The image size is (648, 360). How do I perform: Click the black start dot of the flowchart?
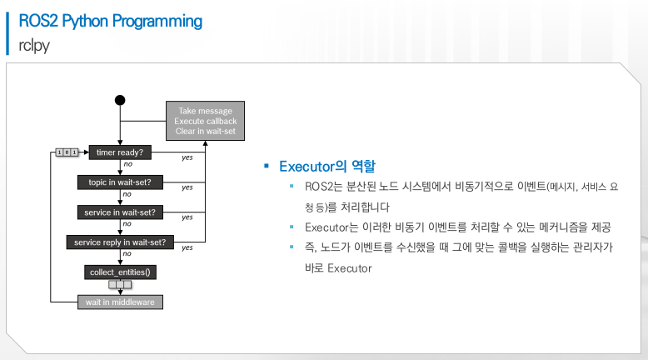tap(120, 100)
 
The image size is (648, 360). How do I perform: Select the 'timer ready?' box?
tap(120, 152)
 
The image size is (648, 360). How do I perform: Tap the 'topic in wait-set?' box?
tap(120, 182)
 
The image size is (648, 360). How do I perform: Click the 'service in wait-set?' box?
tap(120, 212)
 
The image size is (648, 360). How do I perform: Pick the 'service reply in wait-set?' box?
tap(120, 242)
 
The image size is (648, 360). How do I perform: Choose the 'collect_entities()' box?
tap(120, 272)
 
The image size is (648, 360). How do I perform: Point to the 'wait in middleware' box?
tap(120, 302)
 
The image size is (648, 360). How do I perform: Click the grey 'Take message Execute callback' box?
tap(206, 121)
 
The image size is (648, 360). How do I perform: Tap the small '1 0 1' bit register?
tap(67, 152)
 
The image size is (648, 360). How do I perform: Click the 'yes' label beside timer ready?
tap(187, 157)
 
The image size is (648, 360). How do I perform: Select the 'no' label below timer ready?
tap(128, 164)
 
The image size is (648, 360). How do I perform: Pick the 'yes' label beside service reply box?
tap(187, 247)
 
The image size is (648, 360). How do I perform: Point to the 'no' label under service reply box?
tap(127, 254)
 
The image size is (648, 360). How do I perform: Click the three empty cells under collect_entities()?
tap(120, 284)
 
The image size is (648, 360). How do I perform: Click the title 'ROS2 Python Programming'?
tap(110, 21)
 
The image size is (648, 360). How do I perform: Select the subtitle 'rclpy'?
tap(34, 45)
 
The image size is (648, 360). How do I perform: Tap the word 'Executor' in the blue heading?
tap(307, 166)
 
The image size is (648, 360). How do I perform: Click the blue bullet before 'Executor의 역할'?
tap(267, 166)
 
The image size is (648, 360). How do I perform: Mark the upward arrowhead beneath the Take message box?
tap(206, 143)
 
